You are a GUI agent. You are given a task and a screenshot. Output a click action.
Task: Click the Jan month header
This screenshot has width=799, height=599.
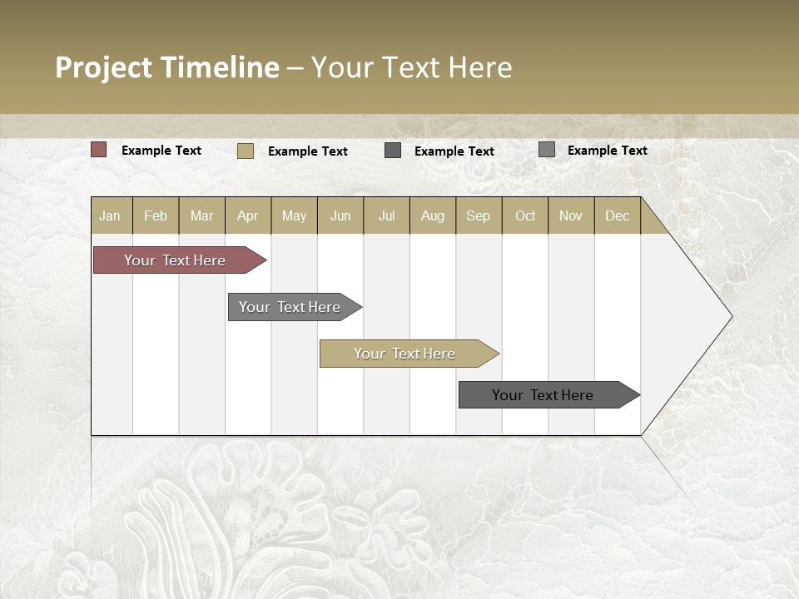111,215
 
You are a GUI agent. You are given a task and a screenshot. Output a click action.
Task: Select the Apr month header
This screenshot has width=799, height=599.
248,215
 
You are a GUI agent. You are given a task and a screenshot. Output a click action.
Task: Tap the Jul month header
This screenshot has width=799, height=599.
386,215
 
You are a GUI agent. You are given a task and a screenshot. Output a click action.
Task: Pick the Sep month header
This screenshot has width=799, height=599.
479,215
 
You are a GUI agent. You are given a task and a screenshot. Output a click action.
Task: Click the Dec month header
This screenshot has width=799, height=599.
617,215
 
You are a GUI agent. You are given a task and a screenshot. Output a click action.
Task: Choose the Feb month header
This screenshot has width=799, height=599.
156,215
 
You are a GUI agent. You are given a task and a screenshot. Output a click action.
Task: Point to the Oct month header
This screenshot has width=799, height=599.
525,215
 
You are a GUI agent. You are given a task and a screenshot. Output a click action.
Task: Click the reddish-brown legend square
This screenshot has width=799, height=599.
99,150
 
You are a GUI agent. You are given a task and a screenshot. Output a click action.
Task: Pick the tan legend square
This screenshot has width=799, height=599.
246,151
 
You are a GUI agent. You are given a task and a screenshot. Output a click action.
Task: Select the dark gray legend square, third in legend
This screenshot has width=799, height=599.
393,151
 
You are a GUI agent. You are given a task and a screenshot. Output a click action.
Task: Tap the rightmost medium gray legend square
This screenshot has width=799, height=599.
547,150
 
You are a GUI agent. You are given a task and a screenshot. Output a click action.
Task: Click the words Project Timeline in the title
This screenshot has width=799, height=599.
166,67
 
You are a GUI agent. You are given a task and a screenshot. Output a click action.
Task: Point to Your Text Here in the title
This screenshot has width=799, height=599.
412,67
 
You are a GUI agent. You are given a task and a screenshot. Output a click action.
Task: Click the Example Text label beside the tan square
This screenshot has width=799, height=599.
307,151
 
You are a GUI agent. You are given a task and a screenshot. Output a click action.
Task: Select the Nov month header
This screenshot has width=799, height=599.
571,215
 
